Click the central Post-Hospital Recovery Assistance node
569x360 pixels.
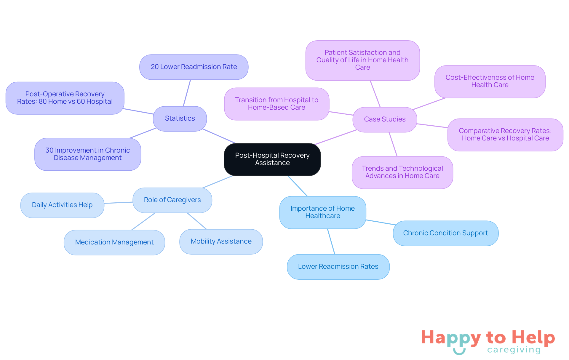[x=272, y=159]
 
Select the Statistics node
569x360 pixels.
[x=180, y=119]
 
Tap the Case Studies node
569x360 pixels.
[x=385, y=119]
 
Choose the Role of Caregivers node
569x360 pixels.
[x=172, y=200]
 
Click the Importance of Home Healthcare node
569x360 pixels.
[x=323, y=212]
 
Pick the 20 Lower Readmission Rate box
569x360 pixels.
[x=194, y=67]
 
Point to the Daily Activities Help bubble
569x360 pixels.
[x=62, y=205]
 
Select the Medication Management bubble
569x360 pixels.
[x=114, y=242]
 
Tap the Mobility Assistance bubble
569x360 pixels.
[x=221, y=241]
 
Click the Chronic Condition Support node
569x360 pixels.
[x=446, y=233]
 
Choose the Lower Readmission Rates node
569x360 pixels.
[x=338, y=267]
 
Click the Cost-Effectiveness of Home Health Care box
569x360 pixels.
[x=490, y=81]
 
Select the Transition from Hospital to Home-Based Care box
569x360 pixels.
[x=276, y=104]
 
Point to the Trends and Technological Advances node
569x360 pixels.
[x=402, y=172]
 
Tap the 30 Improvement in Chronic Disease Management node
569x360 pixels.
[x=88, y=154]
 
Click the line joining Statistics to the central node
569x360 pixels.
[x=219, y=136]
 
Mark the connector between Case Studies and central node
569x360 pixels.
[x=336, y=137]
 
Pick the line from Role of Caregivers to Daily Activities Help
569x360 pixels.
[x=119, y=203]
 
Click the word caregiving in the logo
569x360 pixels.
[x=514, y=350]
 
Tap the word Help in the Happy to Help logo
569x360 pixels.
[x=533, y=338]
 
